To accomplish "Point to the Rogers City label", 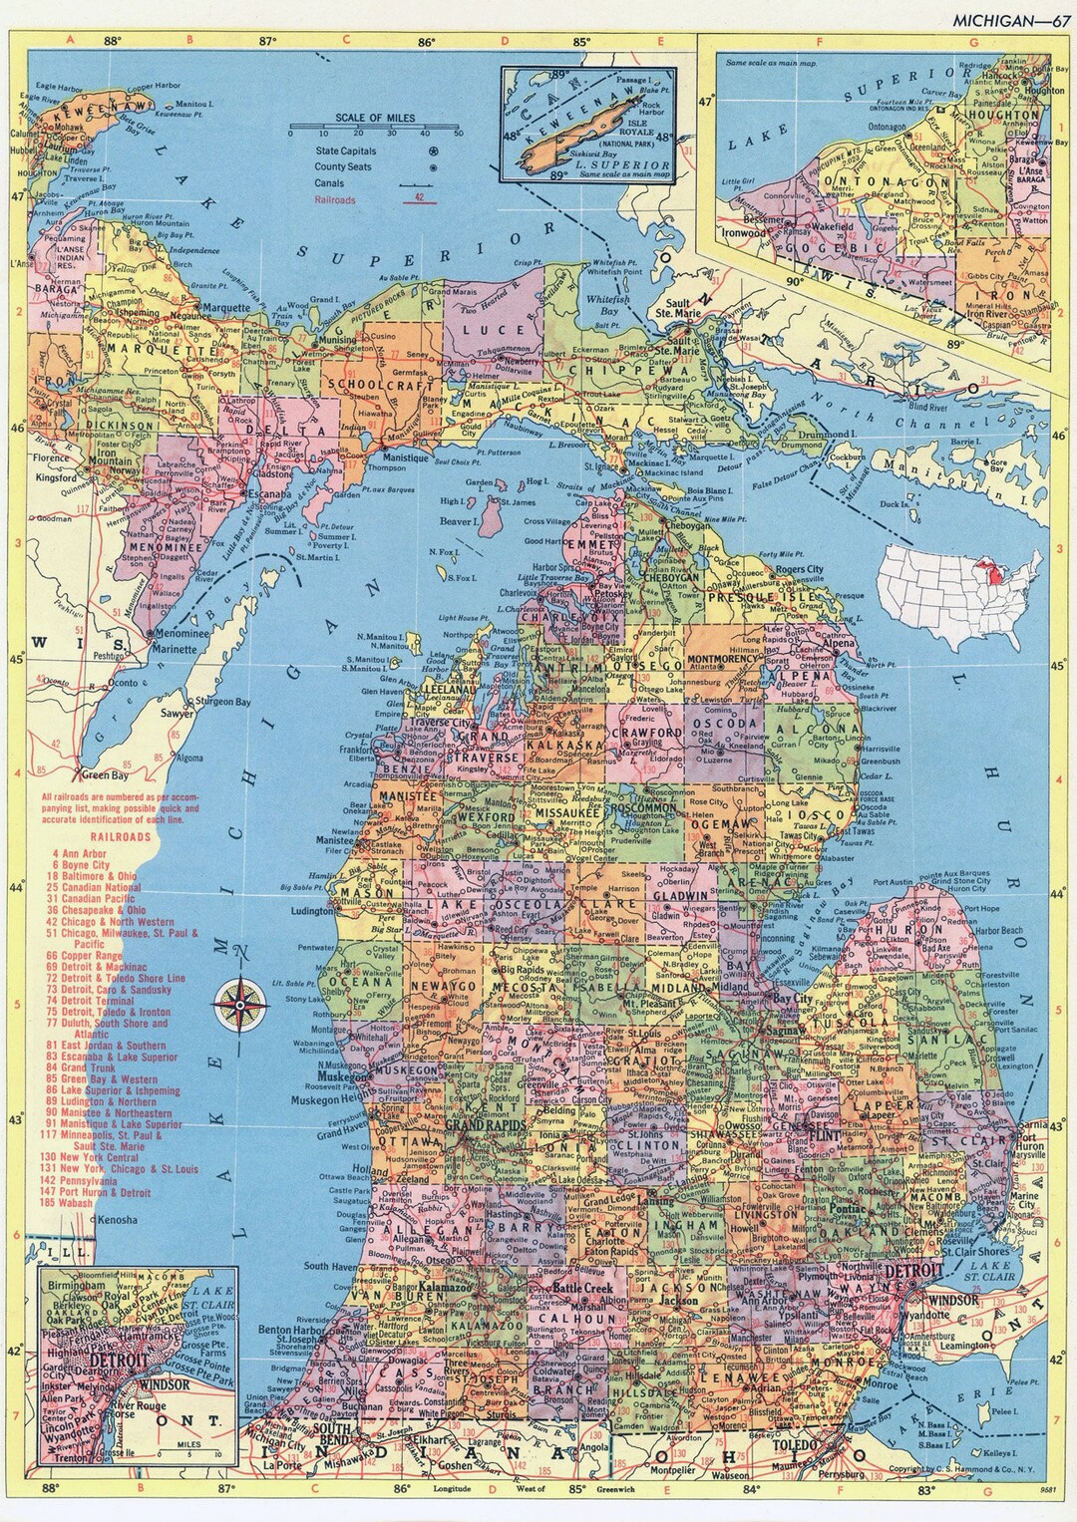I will pos(799,569).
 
